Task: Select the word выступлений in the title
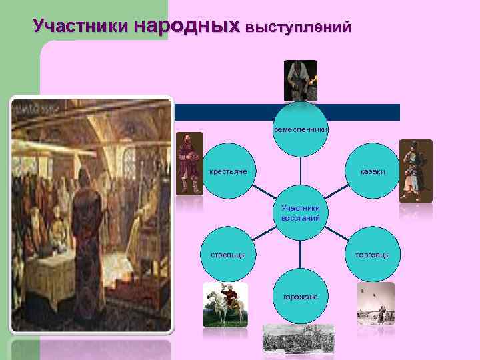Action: (298, 27)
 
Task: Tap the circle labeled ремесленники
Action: (300, 129)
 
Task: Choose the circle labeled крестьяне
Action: (228, 172)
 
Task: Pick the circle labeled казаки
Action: (372, 172)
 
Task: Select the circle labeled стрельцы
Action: (228, 255)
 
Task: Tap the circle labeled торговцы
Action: (372, 255)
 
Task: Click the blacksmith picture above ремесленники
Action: (300, 81)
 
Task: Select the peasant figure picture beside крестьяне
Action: (189, 163)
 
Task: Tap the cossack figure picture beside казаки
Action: (415, 170)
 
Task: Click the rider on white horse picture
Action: (225, 305)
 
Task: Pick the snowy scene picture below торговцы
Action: (375, 304)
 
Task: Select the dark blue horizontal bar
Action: (360, 112)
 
